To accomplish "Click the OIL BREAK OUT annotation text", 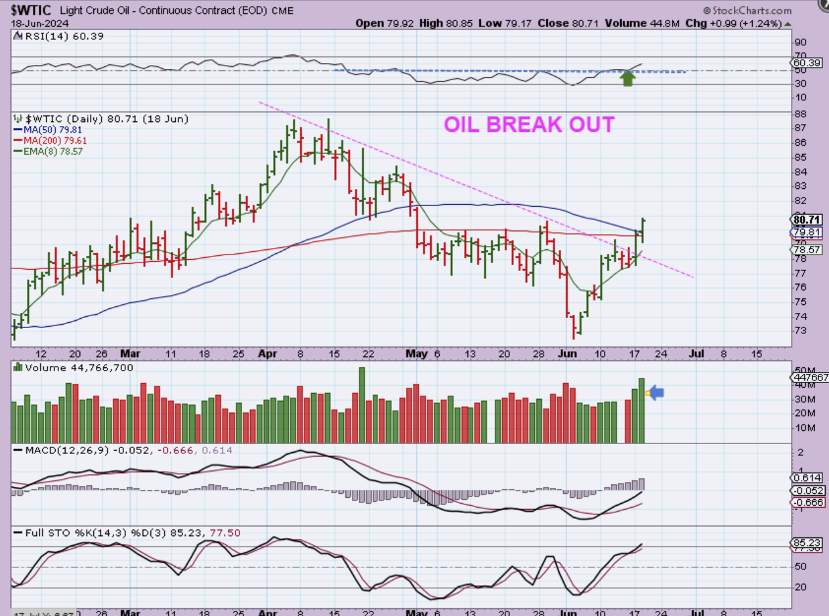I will [529, 125].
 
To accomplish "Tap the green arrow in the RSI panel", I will [628, 79].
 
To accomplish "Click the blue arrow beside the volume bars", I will [656, 393].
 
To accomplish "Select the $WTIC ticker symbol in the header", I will [29, 10].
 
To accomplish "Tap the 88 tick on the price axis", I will [800, 113].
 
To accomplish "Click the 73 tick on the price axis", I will [800, 330].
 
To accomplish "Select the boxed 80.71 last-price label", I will [807, 220].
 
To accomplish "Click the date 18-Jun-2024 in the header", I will [35, 23].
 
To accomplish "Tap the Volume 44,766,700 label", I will [79, 368].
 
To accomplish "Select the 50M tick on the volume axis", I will [802, 370].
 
